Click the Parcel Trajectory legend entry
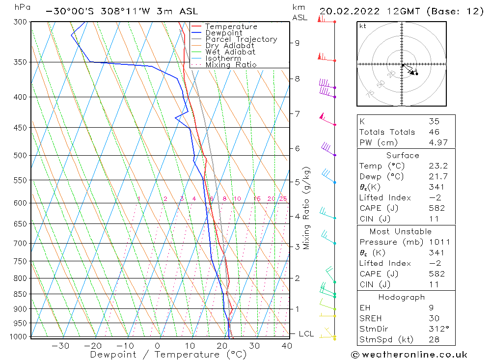pos(241,39)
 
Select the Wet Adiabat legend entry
pos(230,52)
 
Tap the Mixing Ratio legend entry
pos(231,65)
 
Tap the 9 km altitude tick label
pos(297,43)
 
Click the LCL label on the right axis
pos(306,334)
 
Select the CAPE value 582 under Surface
pos(436,208)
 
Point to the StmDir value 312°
pos(435,329)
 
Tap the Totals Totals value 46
pos(434,132)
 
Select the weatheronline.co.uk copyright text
pos(409,355)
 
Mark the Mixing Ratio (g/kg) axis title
pos(306,209)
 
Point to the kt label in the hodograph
pos(363,26)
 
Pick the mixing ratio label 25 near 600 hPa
pos(283,199)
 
